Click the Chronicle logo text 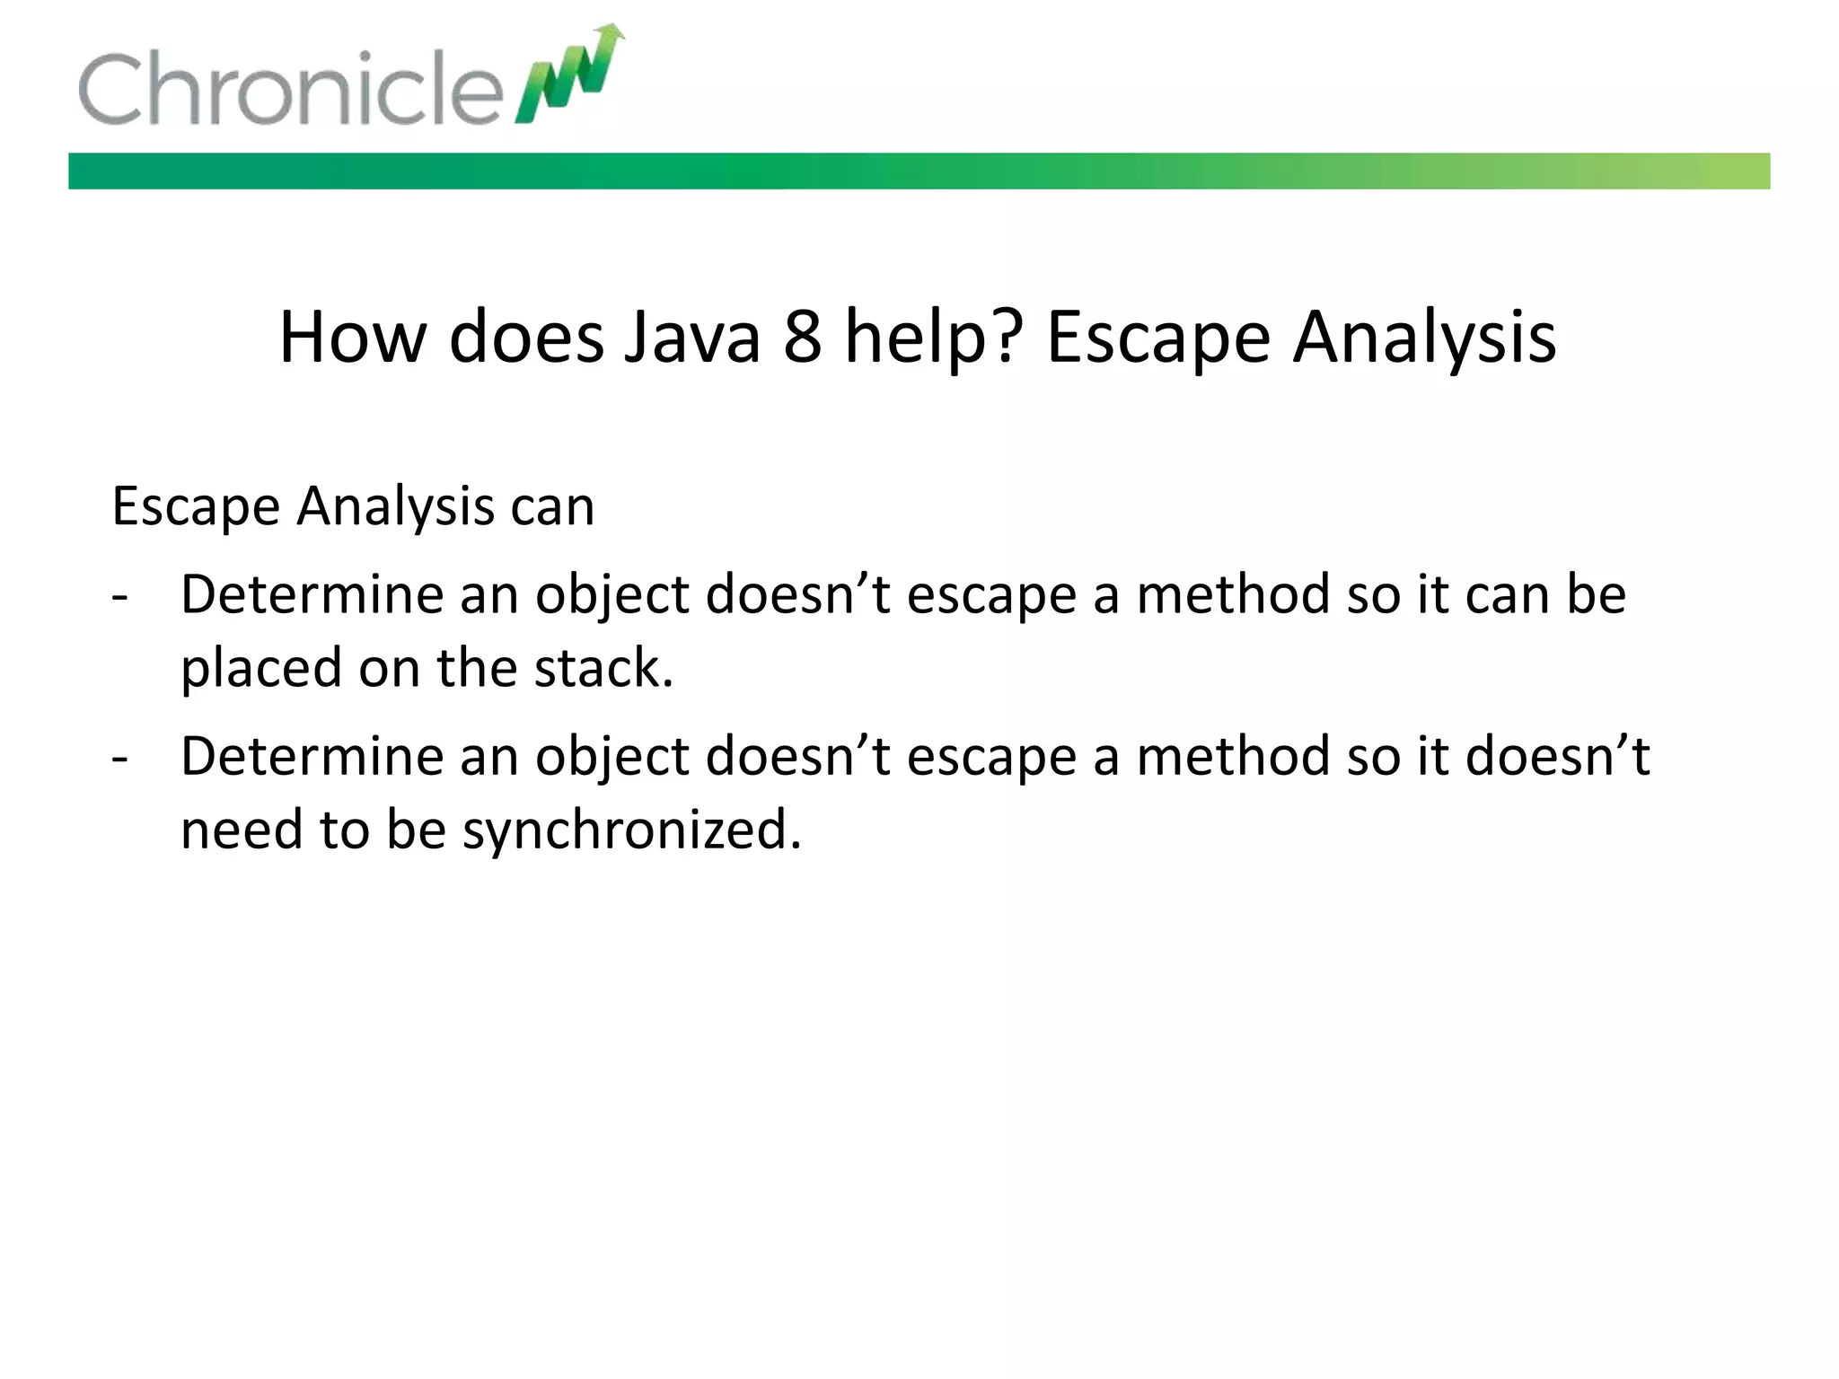click(x=289, y=89)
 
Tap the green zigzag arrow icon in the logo click(x=571, y=76)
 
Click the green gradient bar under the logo click(x=919, y=171)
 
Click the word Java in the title click(x=691, y=338)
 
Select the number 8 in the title click(x=802, y=338)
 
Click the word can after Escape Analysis click(x=552, y=507)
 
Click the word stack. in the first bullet click(x=603, y=669)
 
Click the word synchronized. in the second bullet click(x=631, y=830)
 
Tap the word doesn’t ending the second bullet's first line click(x=1557, y=757)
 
